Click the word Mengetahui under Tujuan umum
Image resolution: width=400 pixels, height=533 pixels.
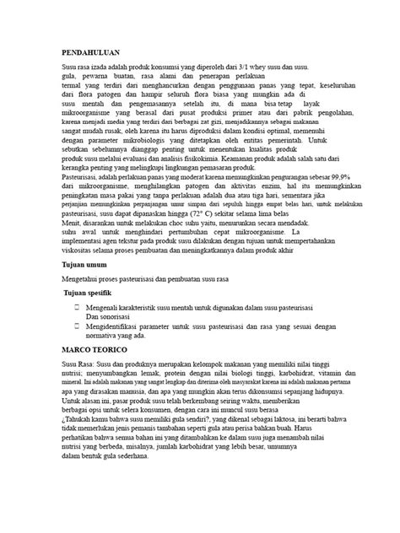[x=85, y=277]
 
